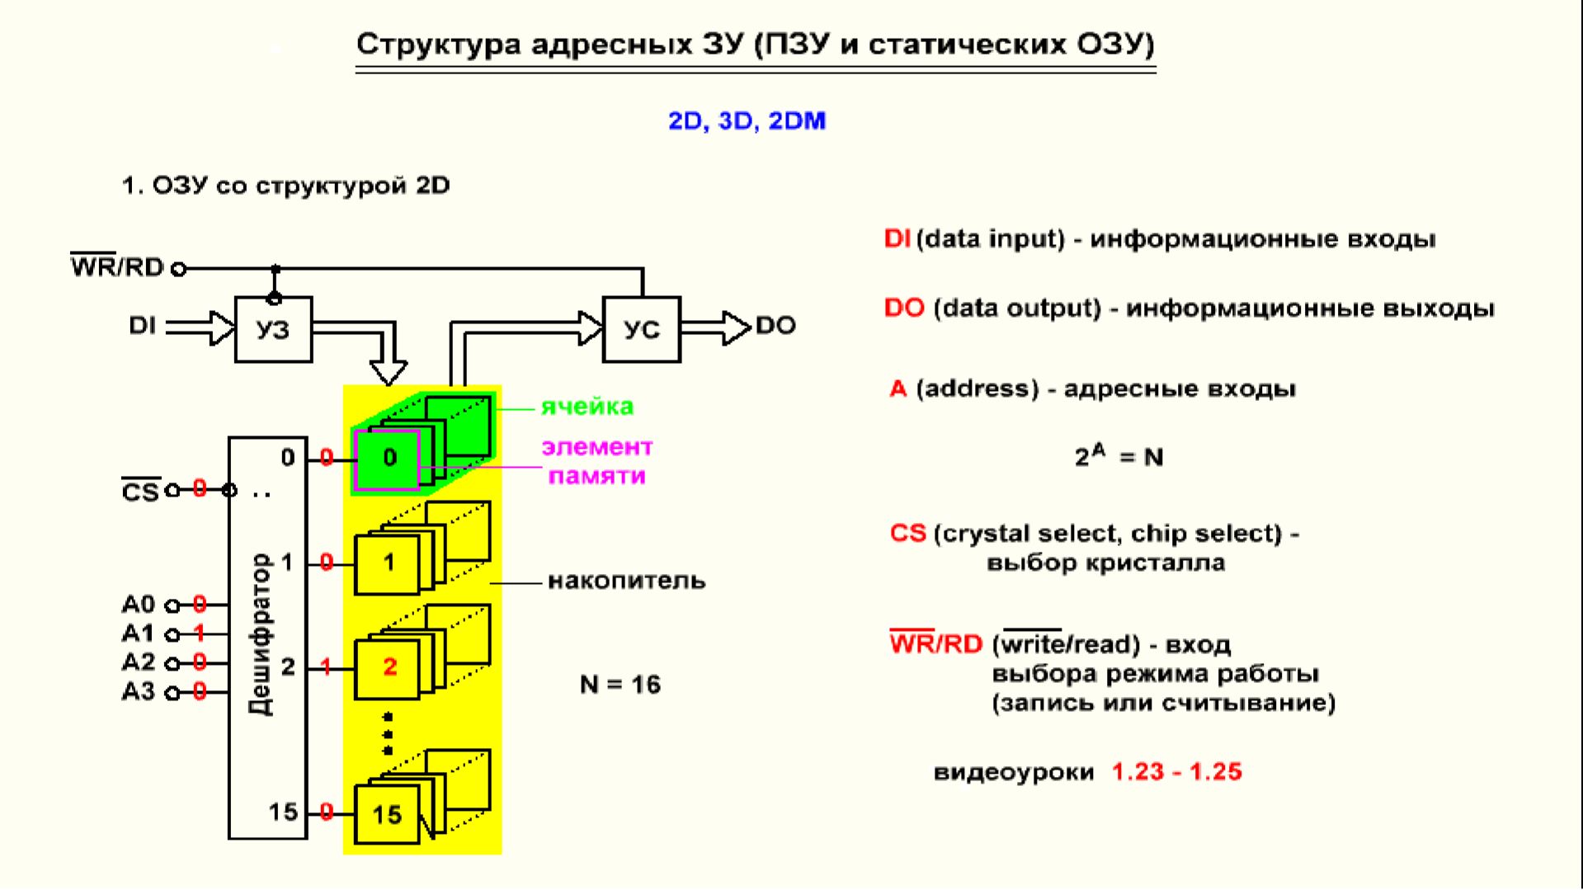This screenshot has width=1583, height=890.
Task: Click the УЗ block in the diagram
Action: point(273,329)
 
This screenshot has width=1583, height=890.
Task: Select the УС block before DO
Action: point(641,329)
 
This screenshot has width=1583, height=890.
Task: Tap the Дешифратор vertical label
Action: point(261,634)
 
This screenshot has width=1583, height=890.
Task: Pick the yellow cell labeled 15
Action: point(386,815)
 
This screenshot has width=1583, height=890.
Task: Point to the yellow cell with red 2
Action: point(389,667)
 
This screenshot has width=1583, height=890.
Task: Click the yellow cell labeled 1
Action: point(388,563)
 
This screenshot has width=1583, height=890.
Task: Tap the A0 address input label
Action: point(138,605)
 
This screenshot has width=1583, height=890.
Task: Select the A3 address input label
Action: point(138,691)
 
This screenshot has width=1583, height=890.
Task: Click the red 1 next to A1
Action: point(199,633)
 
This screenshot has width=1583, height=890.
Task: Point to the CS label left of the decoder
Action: point(139,492)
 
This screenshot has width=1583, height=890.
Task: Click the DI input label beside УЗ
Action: point(142,326)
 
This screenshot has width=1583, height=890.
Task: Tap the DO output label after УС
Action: point(775,326)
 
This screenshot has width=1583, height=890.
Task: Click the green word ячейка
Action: point(587,407)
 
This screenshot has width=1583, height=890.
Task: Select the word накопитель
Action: point(627,581)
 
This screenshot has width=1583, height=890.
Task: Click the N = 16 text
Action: point(620,685)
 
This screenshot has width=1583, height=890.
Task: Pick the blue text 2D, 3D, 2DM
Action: point(747,121)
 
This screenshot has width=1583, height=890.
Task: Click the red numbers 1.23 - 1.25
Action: point(1176,772)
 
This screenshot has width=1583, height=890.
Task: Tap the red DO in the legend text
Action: point(903,308)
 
